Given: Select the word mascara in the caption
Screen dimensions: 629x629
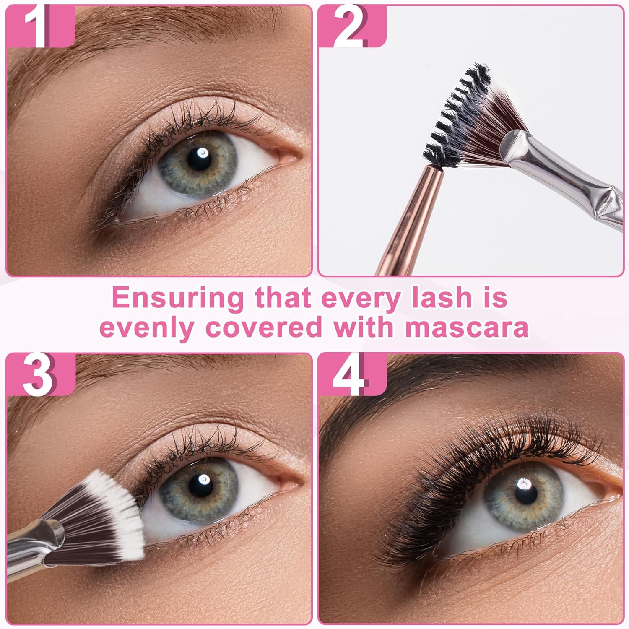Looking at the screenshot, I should (465, 327).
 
